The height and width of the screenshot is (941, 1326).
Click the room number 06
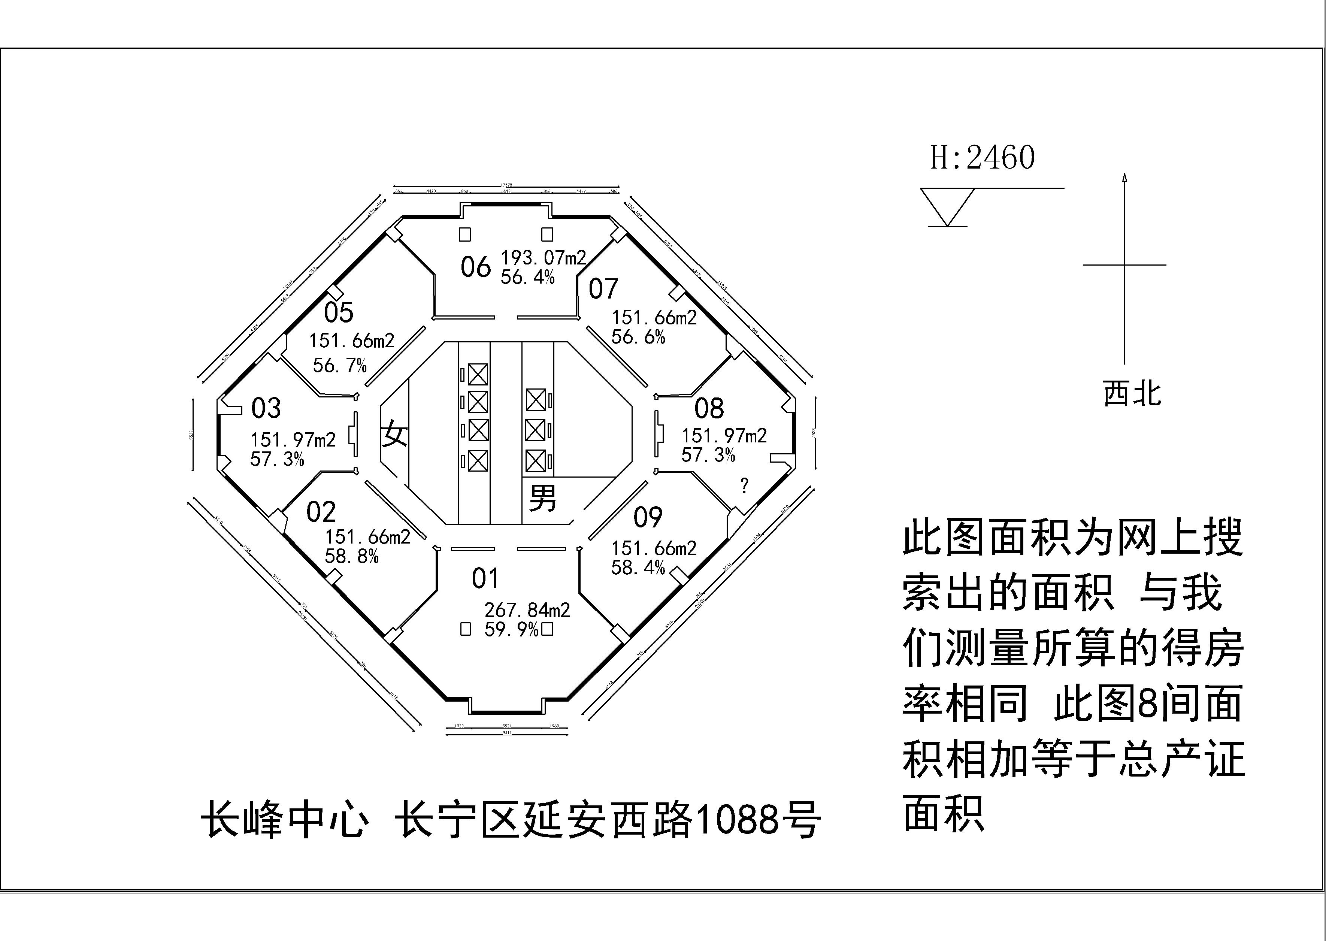476,267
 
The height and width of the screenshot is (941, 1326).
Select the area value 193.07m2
544,257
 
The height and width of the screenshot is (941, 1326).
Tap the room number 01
485,578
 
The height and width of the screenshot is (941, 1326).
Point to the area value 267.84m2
527,609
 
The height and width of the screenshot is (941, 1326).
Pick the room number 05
338,313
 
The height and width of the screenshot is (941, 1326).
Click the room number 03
266,408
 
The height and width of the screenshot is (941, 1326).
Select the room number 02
321,512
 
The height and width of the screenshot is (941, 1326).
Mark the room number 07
603,288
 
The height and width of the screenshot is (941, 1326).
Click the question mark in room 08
744,485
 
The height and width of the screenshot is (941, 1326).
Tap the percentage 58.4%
638,567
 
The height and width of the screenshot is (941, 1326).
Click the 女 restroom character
394,433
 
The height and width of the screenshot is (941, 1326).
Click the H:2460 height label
983,158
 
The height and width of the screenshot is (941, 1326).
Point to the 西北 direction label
1132,394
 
